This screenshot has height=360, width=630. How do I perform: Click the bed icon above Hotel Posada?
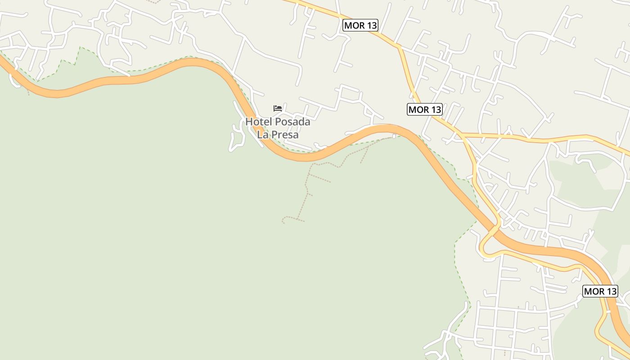pos(278,108)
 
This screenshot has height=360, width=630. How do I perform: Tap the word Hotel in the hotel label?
pos(259,122)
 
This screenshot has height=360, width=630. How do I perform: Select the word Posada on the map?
pos(292,122)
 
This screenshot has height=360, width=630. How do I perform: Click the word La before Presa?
pos(263,135)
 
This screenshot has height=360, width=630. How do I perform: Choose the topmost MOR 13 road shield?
pos(360,25)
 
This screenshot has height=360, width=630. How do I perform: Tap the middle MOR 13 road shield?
pos(425,109)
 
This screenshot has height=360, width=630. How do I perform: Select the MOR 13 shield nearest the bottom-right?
pos(600,291)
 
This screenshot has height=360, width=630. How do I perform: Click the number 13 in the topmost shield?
pos(371,25)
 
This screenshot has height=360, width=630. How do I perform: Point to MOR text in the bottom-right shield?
pos(594,291)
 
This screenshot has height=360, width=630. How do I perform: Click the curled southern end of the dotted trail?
pos(283,220)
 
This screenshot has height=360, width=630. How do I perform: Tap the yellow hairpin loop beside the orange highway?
pos(482,247)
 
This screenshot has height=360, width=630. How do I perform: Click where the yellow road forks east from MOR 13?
pos(463,135)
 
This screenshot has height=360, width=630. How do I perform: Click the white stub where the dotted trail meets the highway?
pos(394,136)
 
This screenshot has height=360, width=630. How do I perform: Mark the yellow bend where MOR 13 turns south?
pos(399,47)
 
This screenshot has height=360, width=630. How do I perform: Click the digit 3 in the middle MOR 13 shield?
pos(438,109)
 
